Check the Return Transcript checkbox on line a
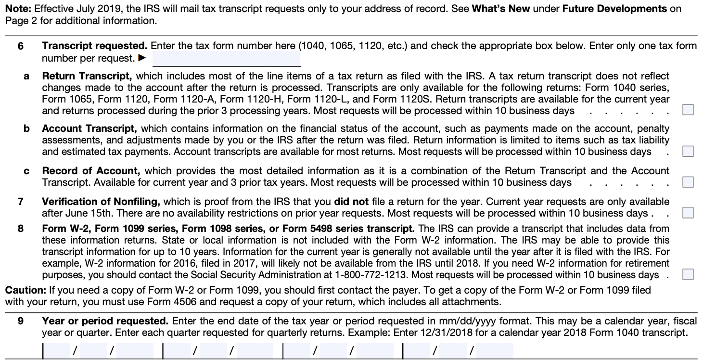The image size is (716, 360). tap(688, 110)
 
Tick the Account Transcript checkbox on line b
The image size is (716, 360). tap(688, 152)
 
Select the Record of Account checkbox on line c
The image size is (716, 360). tap(688, 182)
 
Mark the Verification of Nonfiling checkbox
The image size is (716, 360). tap(688, 213)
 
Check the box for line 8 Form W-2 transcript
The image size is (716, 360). tap(688, 275)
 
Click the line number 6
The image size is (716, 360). tap(21, 46)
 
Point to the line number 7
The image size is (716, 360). tap(21, 202)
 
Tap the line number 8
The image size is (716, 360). tap(21, 229)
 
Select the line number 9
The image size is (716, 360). tap(21, 321)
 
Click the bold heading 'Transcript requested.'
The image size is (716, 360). tap(94, 46)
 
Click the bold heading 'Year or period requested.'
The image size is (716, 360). tap(105, 321)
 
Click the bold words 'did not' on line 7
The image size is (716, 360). tap(351, 202)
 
